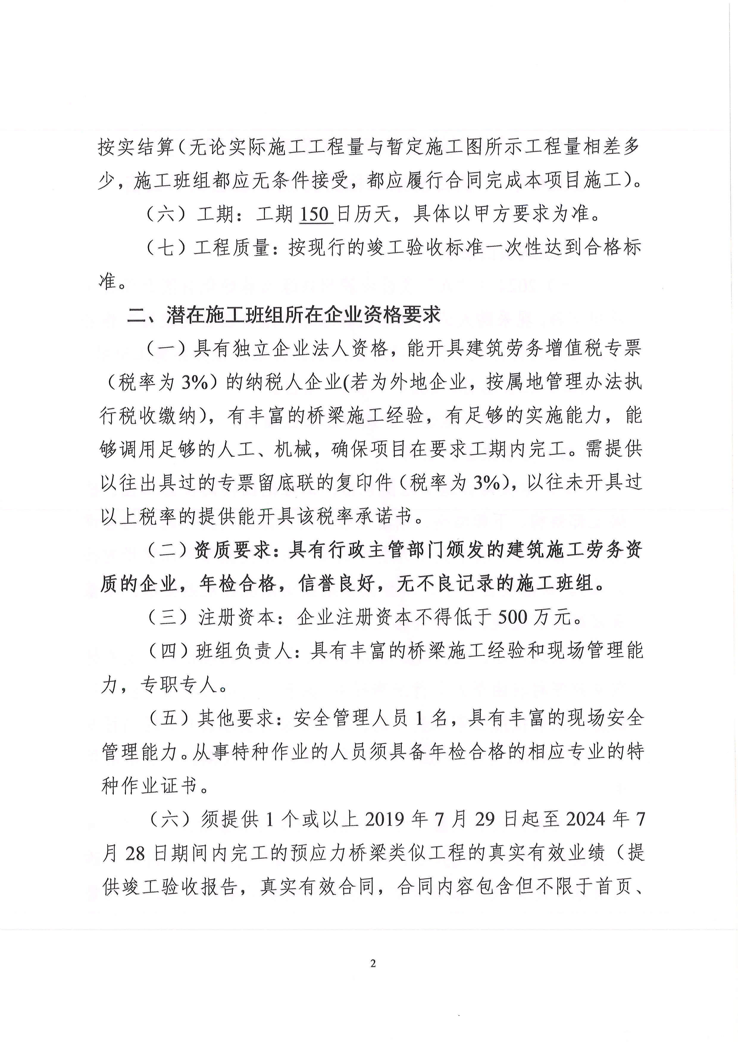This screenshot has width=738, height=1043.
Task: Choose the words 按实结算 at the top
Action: (x=136, y=147)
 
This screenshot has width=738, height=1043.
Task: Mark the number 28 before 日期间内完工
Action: (x=135, y=853)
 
